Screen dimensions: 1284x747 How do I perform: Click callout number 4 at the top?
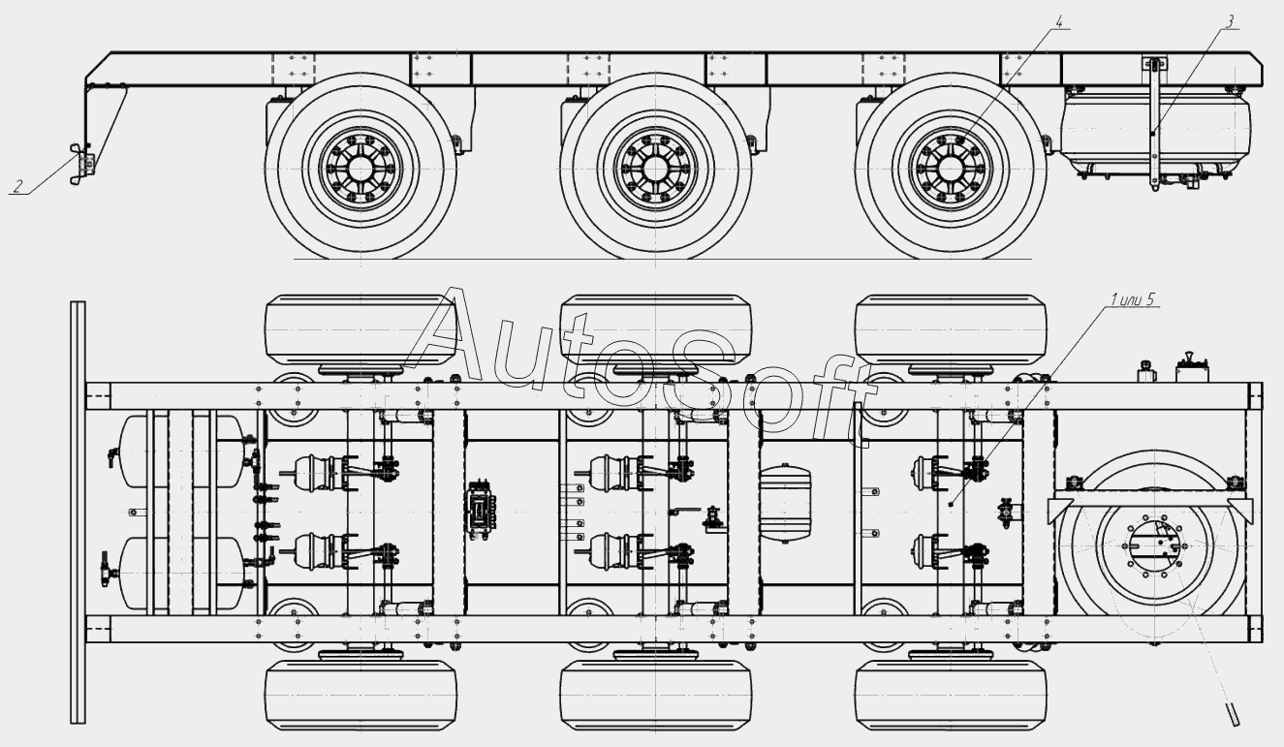(x=1059, y=22)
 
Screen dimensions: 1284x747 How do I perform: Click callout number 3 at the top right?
(x=1229, y=22)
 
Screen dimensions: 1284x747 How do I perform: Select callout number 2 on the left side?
(x=19, y=187)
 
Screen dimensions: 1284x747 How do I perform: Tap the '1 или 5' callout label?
(x=1132, y=299)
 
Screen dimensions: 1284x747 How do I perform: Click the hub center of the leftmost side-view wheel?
(x=360, y=170)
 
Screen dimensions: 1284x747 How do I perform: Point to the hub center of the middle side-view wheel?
(x=655, y=170)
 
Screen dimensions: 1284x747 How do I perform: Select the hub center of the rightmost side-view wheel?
(x=951, y=170)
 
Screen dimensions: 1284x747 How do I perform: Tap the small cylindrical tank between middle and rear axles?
(x=785, y=505)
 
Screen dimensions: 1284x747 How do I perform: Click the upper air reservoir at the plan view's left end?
(x=183, y=451)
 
